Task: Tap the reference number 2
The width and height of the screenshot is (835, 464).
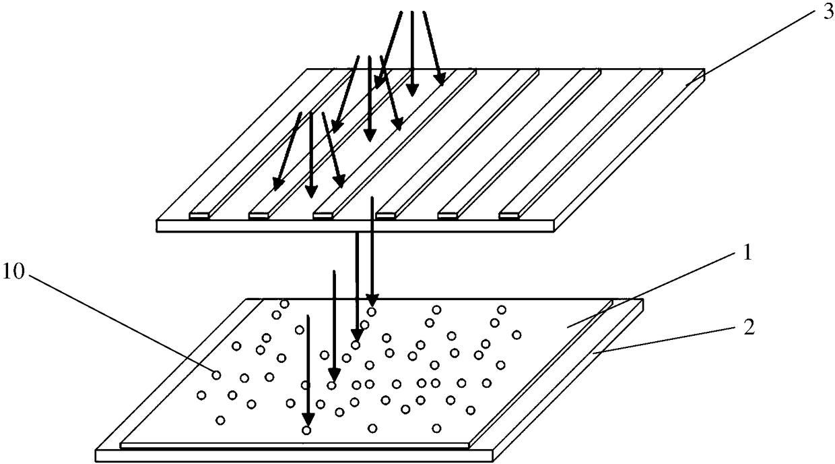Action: [x=748, y=327]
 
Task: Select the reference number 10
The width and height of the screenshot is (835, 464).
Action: [x=13, y=272]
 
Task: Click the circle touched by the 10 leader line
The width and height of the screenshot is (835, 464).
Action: [x=216, y=374]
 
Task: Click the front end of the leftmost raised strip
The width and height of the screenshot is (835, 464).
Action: [x=199, y=216]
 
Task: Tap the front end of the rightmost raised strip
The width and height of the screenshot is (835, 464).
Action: [x=509, y=215]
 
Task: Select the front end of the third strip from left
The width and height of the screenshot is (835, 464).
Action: [x=323, y=215]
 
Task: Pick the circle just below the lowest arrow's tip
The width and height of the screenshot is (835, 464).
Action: [x=306, y=430]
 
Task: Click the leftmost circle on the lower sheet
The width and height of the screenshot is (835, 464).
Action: [x=201, y=395]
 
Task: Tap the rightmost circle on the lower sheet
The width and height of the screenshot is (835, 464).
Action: [x=516, y=335]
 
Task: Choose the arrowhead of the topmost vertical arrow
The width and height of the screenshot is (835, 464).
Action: [x=412, y=90]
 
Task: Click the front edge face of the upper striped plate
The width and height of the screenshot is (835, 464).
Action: [x=356, y=227]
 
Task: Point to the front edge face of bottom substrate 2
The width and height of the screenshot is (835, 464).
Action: [x=294, y=456]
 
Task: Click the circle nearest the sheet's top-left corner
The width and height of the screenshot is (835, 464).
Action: [x=284, y=304]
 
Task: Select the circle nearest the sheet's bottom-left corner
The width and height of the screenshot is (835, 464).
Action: [x=220, y=420]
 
